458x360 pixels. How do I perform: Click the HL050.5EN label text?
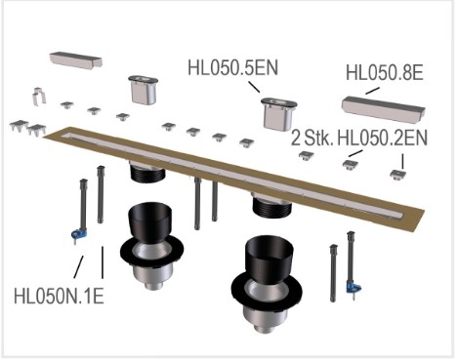233,68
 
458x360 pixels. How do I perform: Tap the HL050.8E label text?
385,73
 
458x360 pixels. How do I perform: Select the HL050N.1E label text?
59,297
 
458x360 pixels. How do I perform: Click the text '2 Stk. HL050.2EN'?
359,138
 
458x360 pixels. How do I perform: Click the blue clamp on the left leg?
79,234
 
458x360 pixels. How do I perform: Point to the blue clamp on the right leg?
354,288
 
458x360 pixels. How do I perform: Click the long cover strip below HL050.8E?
383,109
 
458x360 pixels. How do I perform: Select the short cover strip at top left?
76,60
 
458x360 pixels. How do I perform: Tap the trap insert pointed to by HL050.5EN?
279,114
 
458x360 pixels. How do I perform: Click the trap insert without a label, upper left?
144,90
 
